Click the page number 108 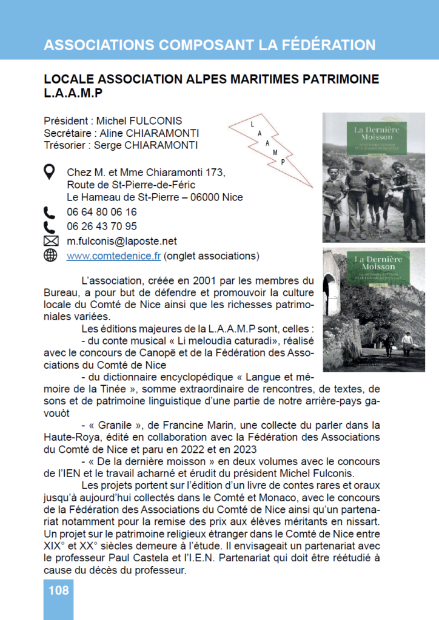(x=58, y=590)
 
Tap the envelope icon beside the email (x=50, y=242)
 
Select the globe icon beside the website (x=50, y=256)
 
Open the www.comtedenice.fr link (x=113, y=256)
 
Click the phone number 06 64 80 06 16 (x=102, y=213)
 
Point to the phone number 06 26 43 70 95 (x=102, y=227)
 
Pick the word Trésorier (x=65, y=145)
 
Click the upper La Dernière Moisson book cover (x=374, y=177)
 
